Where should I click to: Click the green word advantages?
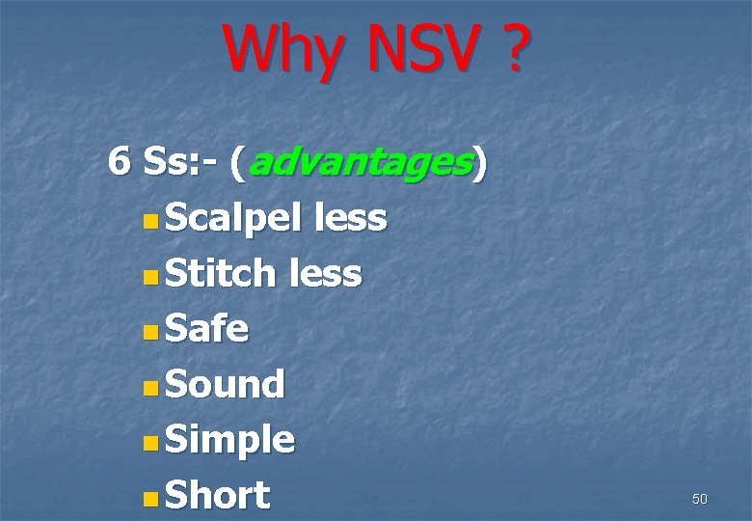pyautogui.click(x=361, y=165)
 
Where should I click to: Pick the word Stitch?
pyautogui.click(x=221, y=275)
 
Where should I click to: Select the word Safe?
pyautogui.click(x=207, y=330)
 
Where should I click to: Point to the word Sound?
pyautogui.click(x=226, y=385)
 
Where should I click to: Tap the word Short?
pyautogui.click(x=218, y=496)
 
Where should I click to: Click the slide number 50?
pyautogui.click(x=699, y=499)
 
